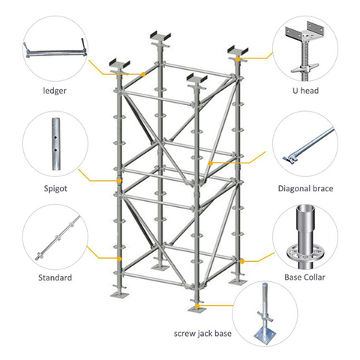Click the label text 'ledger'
point(55,91)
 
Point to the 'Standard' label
point(55,278)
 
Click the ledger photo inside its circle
point(55,54)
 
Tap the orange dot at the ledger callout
point(142,73)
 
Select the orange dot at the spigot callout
point(119,181)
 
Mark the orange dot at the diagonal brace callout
point(212,162)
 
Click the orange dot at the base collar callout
point(241,261)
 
